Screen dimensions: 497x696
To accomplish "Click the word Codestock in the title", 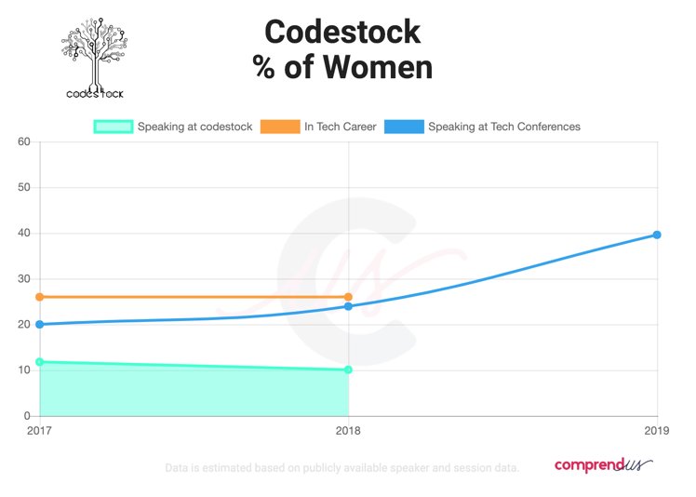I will [x=342, y=33].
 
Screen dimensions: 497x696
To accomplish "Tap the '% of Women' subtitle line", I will [x=342, y=68].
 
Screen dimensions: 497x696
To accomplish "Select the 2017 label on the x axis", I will [x=39, y=432].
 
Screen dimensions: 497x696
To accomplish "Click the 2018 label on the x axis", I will [x=348, y=432].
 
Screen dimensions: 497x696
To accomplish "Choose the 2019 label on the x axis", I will [x=657, y=432].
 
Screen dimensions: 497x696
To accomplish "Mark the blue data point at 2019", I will [x=657, y=235].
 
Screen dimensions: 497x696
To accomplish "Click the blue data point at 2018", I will [x=348, y=306].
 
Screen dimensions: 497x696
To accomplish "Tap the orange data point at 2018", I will [x=348, y=297].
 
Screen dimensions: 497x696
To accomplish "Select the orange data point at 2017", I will [x=39, y=297].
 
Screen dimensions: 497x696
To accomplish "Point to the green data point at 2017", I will [x=39, y=362].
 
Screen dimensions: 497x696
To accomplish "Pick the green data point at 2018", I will [x=348, y=369].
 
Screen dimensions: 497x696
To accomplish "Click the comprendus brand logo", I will [x=603, y=464].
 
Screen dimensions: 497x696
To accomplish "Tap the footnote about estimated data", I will [x=341, y=467].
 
